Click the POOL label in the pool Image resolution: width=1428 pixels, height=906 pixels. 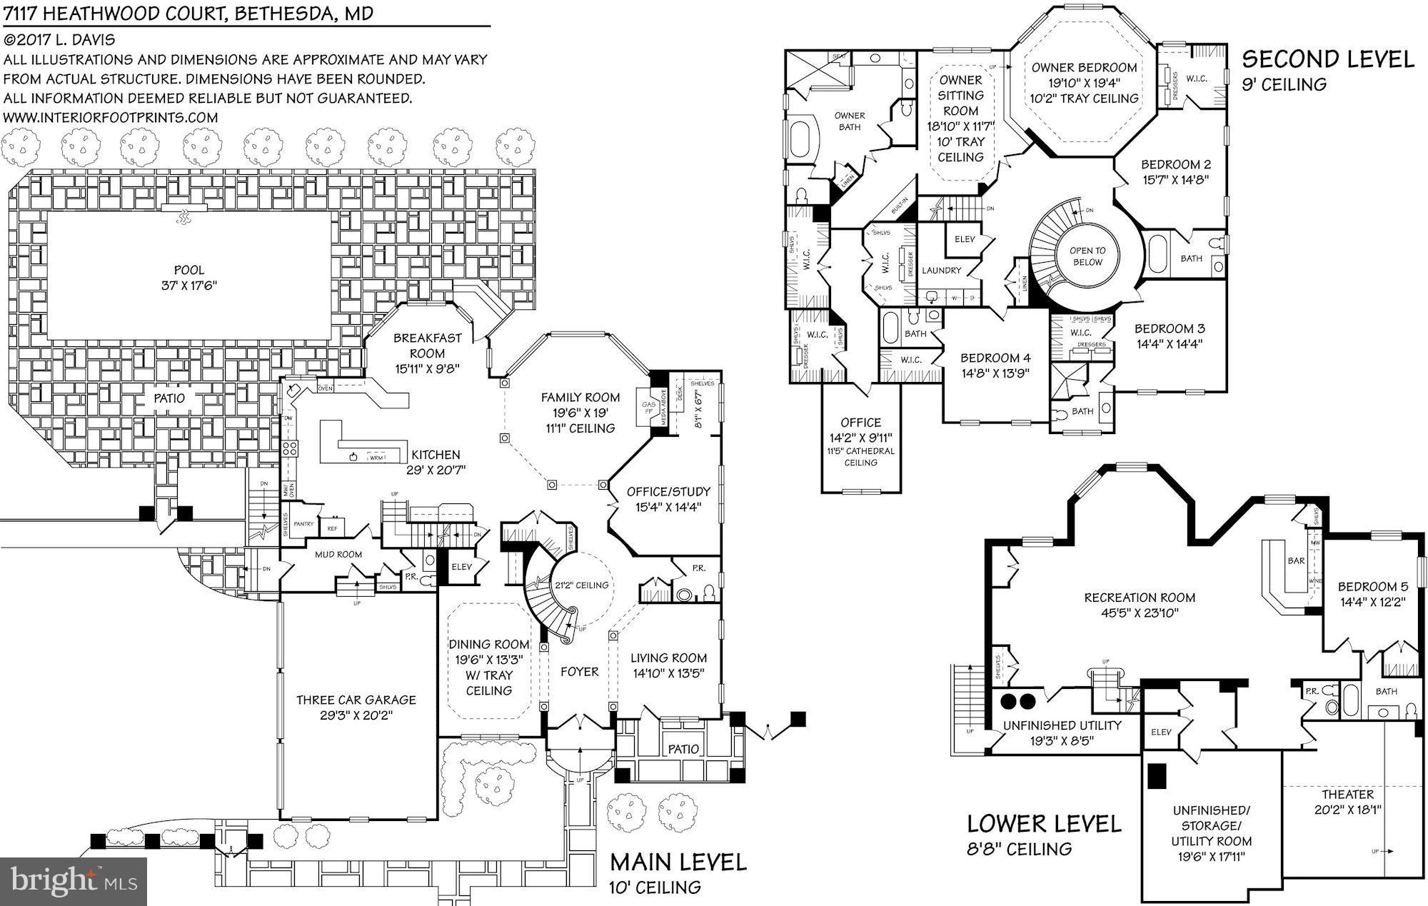pyautogui.click(x=188, y=270)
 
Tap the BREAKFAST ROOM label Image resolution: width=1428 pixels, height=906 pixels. pyautogui.click(x=427, y=346)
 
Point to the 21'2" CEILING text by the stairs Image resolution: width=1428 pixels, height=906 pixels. pyautogui.click(x=582, y=585)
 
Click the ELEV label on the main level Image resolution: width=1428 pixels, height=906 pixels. pyautogui.click(x=462, y=567)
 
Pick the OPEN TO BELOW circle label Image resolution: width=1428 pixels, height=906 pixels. pyautogui.click(x=1087, y=256)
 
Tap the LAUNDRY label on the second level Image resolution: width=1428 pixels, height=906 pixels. pyautogui.click(x=941, y=270)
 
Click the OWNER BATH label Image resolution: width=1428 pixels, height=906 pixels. pyautogui.click(x=849, y=121)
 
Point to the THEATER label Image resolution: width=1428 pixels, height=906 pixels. pyautogui.click(x=1347, y=794)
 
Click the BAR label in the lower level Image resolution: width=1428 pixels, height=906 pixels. pyautogui.click(x=1296, y=560)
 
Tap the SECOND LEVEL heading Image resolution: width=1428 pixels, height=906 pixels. pyautogui.click(x=1328, y=59)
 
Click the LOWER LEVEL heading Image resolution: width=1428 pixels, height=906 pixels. pyautogui.click(x=1044, y=824)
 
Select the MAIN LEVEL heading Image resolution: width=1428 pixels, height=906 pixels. pyautogui.click(x=678, y=862)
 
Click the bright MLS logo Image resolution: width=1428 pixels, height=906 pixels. pyautogui.click(x=74, y=880)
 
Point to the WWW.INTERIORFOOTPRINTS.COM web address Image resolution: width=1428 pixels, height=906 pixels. pyautogui.click(x=111, y=117)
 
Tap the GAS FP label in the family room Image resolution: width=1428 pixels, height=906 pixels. pyautogui.click(x=648, y=408)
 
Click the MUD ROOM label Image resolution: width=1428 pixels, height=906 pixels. pyautogui.click(x=338, y=554)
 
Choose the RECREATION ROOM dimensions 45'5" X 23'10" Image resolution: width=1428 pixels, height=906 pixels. pyautogui.click(x=1140, y=613)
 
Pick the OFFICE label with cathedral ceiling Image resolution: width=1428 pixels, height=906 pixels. pyautogui.click(x=860, y=422)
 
